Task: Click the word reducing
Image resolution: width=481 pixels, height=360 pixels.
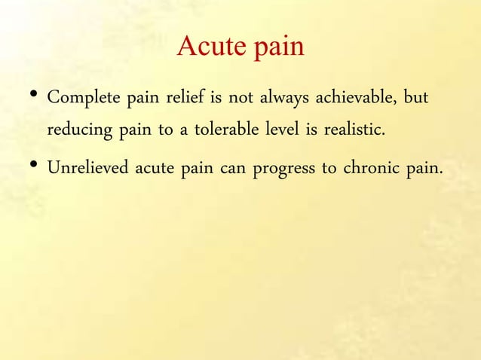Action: click(79, 130)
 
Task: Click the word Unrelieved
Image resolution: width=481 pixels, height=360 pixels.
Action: click(88, 166)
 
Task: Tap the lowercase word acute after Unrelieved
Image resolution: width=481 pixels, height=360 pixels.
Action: click(156, 166)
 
